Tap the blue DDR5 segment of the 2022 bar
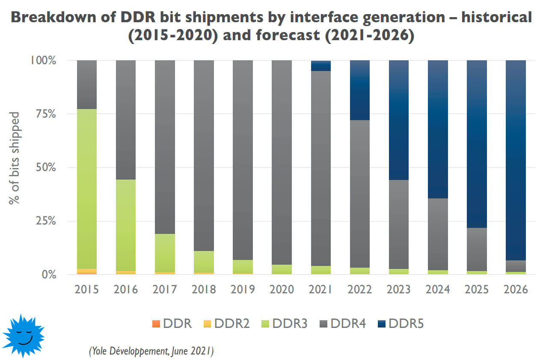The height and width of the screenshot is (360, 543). (359, 90)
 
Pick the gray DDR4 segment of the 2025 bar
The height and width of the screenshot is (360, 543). (477, 249)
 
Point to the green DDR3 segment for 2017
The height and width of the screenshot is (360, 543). (165, 252)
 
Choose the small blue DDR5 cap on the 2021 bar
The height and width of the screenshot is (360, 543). (321, 65)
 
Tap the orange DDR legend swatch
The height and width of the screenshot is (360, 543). (156, 324)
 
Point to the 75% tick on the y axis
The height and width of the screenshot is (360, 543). (44, 114)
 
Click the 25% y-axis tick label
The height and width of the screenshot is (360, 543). (44, 221)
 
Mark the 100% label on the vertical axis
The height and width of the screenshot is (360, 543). (43, 60)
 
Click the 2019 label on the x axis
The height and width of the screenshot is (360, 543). (243, 289)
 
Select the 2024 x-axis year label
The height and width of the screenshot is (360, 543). (438, 289)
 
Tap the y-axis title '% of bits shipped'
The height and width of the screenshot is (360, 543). (15, 158)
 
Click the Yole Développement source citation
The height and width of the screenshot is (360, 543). (151, 351)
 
